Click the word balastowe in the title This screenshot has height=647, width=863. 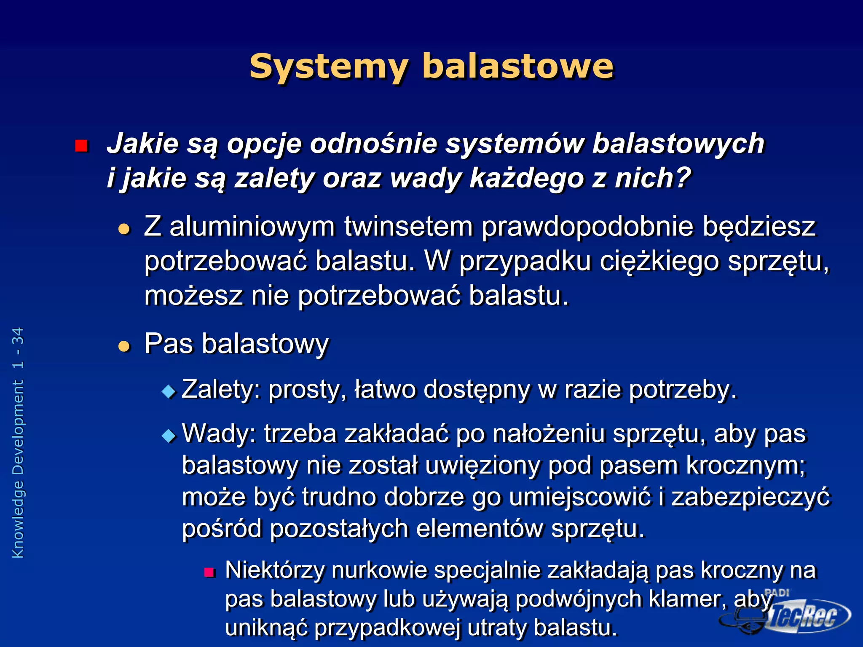[518, 67]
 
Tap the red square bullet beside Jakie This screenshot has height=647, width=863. [81, 146]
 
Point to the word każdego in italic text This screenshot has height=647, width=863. [527, 179]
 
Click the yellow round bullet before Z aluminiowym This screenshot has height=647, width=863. [124, 229]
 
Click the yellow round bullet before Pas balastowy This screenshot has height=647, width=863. [124, 346]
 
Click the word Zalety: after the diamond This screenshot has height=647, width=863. [222, 389]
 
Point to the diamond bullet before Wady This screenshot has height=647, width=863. [169, 436]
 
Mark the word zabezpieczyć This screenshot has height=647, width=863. [750, 497]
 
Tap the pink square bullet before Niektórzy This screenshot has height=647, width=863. [209, 572]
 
